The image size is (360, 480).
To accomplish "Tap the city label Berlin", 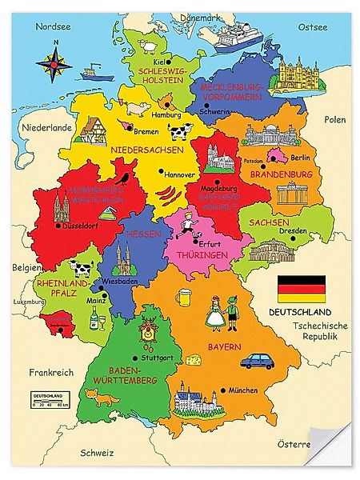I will coord(300,158).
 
